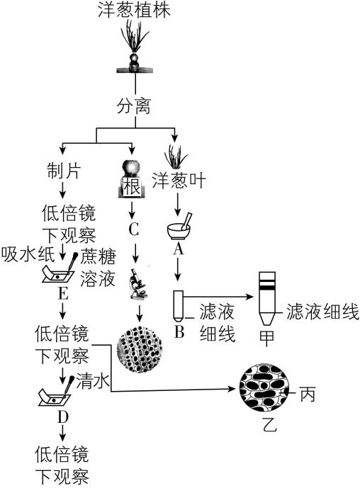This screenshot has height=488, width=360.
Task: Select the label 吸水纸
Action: tap(23, 254)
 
